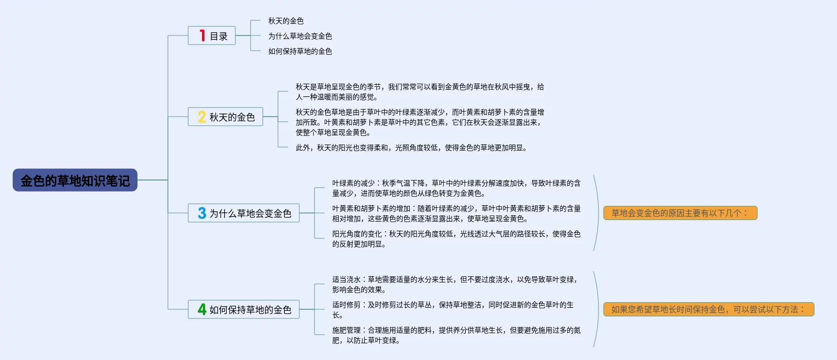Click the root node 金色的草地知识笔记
(x=75, y=180)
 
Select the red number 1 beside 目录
(x=202, y=35)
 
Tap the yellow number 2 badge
(x=201, y=117)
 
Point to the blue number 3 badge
(x=202, y=213)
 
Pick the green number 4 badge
(x=202, y=309)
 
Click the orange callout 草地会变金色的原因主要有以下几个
(x=680, y=213)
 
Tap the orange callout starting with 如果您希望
(x=708, y=309)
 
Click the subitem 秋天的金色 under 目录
(x=286, y=21)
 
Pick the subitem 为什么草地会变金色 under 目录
(x=300, y=36)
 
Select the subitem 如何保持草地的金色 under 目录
(x=300, y=51)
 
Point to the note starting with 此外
(x=411, y=148)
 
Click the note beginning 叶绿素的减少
(x=456, y=188)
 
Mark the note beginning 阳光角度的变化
(x=456, y=239)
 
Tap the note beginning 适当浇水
(x=455, y=284)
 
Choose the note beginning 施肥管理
(x=456, y=335)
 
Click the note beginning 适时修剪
(x=452, y=310)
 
